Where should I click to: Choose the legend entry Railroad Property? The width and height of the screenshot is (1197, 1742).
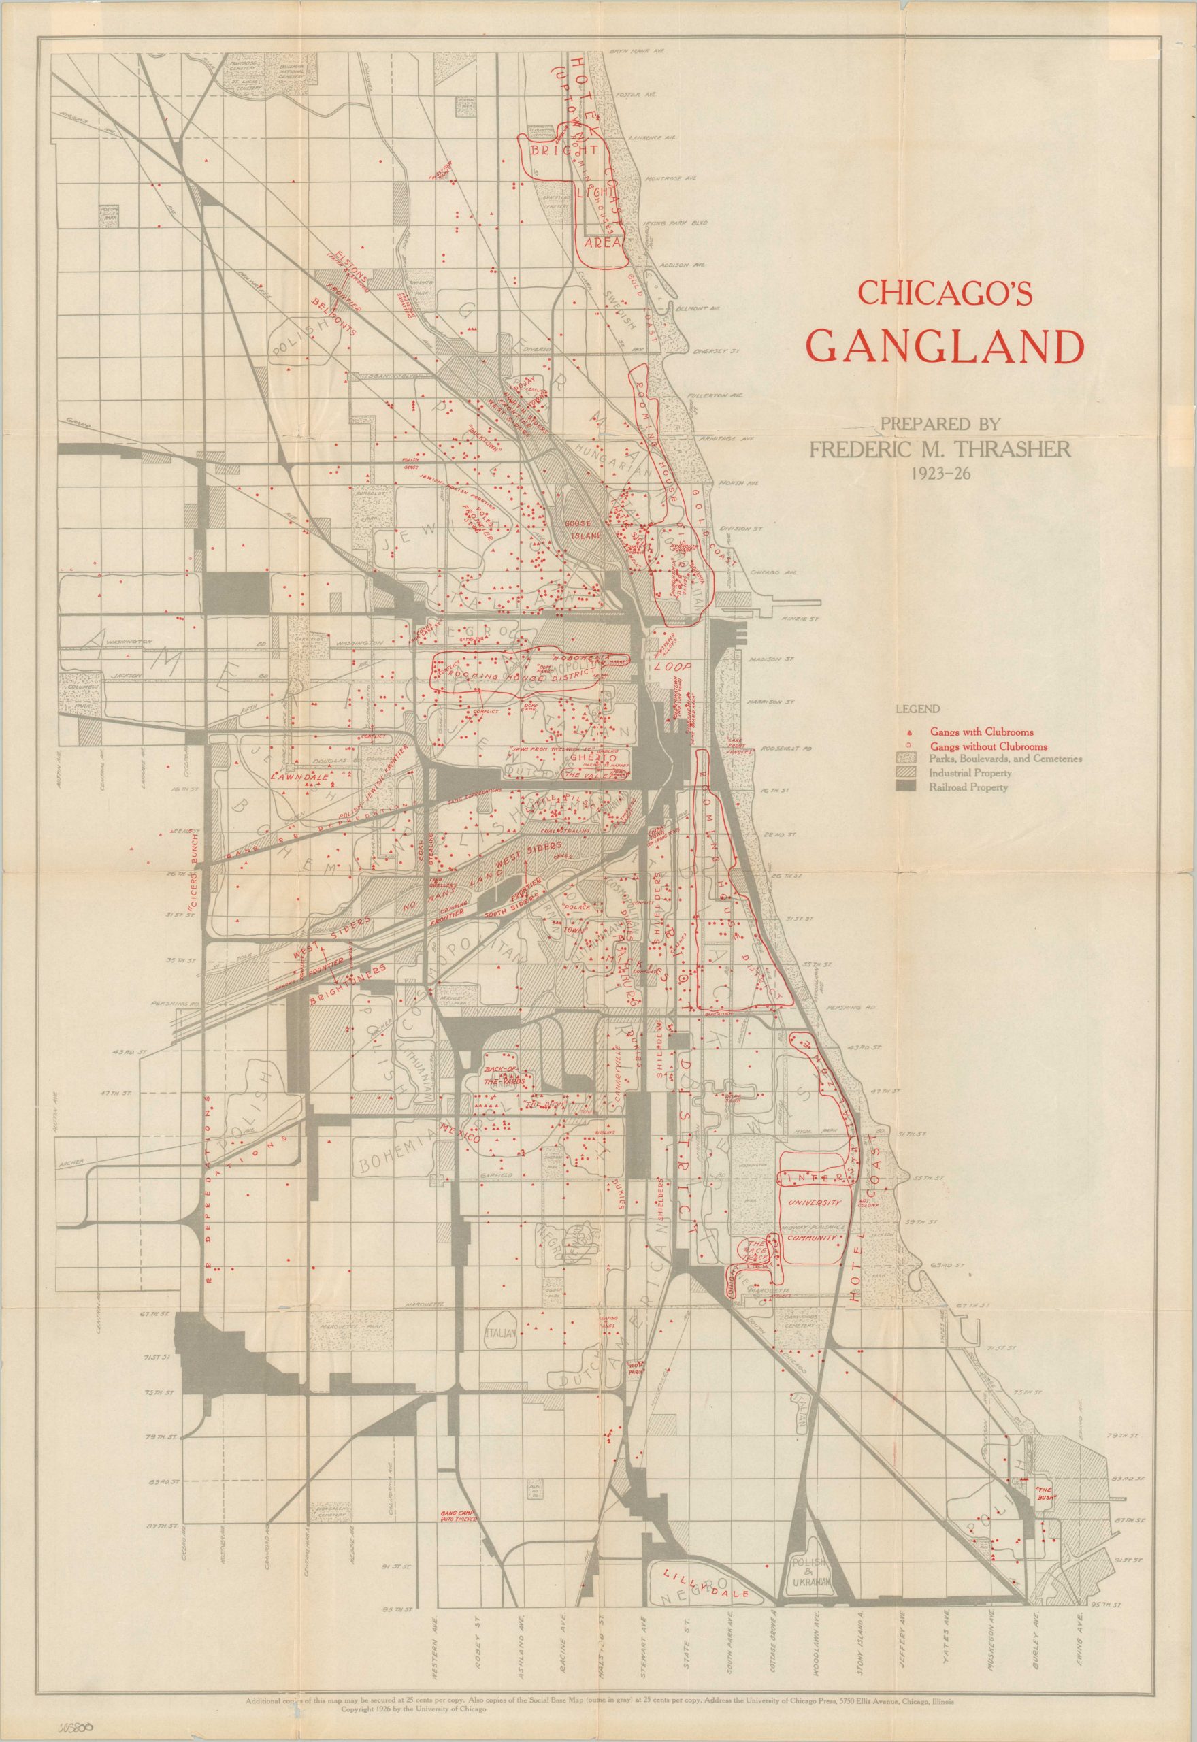pyautogui.click(x=968, y=787)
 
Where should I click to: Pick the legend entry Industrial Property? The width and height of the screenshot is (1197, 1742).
pyautogui.click(x=971, y=773)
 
